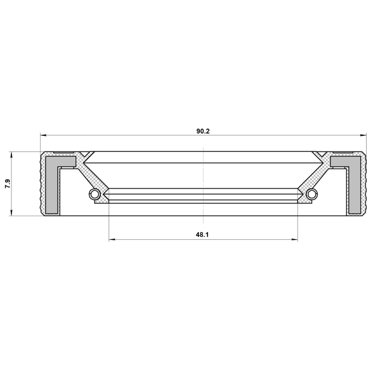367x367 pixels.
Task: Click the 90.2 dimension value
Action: pos(203,131)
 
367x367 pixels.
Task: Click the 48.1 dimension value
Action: pos(202,235)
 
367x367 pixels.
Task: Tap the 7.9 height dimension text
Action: pos(7,183)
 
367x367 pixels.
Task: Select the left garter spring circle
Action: pos(95,194)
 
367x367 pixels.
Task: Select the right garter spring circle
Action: pos(311,194)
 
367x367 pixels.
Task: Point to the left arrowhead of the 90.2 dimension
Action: pos(44,135)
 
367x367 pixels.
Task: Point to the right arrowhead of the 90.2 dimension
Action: pos(363,135)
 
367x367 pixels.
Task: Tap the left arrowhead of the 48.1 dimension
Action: pos(112,240)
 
